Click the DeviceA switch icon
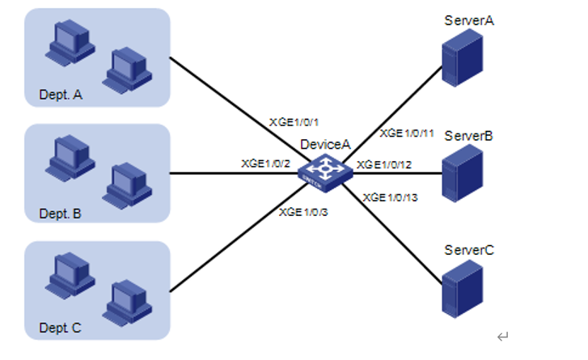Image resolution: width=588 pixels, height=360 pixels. [x=323, y=172]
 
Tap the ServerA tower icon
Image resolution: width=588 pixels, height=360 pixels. [x=459, y=62]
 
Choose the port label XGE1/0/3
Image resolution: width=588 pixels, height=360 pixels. [x=304, y=212]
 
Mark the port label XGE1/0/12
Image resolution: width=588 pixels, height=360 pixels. [x=385, y=165]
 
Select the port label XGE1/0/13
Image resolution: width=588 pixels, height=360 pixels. [x=391, y=197]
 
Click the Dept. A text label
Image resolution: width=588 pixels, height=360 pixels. [x=61, y=95]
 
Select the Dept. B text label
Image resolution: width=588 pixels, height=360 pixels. [x=61, y=214]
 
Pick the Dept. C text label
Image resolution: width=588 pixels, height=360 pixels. [x=61, y=330]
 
